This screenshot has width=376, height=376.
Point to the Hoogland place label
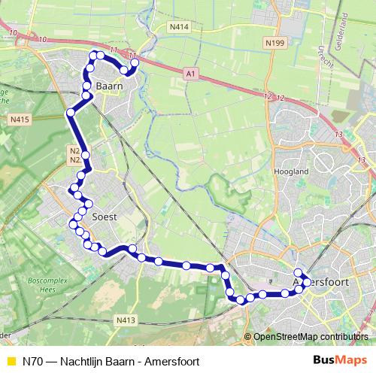[293, 171]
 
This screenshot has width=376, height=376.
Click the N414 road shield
[179, 27]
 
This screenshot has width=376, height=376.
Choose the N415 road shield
[20, 119]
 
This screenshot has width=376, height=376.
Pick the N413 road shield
[126, 320]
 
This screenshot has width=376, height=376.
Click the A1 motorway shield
[190, 73]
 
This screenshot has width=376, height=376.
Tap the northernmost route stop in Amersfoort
[298, 273]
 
